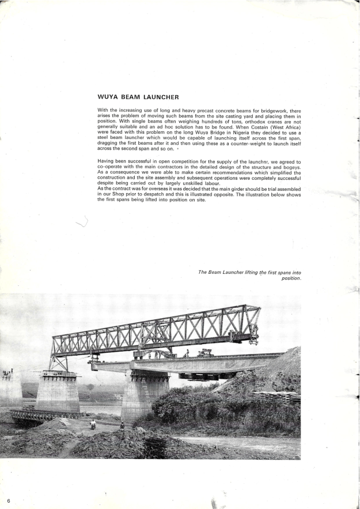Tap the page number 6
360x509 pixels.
click(9, 500)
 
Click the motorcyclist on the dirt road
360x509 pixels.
click(93, 425)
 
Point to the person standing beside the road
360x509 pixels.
click(122, 425)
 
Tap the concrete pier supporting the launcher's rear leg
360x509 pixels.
click(58, 392)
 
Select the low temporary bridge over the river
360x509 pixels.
click(40, 414)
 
